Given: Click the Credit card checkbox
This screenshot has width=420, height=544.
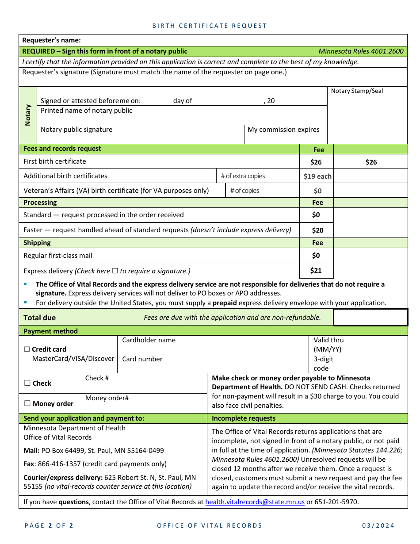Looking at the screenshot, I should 27,349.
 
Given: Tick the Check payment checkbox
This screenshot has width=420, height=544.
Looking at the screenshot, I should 27,383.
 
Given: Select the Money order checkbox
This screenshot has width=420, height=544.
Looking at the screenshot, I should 27,403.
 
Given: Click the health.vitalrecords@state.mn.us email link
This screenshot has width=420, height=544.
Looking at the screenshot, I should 255,502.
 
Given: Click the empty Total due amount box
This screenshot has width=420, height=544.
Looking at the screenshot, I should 370,318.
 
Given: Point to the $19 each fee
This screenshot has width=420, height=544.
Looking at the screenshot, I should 317,176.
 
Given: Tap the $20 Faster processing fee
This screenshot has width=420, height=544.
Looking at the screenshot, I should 317,230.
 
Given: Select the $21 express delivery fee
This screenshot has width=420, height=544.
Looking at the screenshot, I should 316,270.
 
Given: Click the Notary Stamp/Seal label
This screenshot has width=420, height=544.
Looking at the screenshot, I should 357,91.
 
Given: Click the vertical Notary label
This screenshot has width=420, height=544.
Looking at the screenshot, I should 28,115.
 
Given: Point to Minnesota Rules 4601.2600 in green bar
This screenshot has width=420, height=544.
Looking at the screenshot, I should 361,51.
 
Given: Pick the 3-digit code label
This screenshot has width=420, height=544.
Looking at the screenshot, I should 323,364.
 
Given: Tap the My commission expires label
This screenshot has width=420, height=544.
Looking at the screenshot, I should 283,130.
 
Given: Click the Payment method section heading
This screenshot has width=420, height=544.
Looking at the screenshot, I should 50,331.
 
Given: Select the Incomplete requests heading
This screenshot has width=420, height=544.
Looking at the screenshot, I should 243,418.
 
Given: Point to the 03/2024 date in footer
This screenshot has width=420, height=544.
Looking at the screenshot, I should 378,525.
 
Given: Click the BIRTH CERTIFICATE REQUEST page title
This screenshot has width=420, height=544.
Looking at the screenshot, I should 210,26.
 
